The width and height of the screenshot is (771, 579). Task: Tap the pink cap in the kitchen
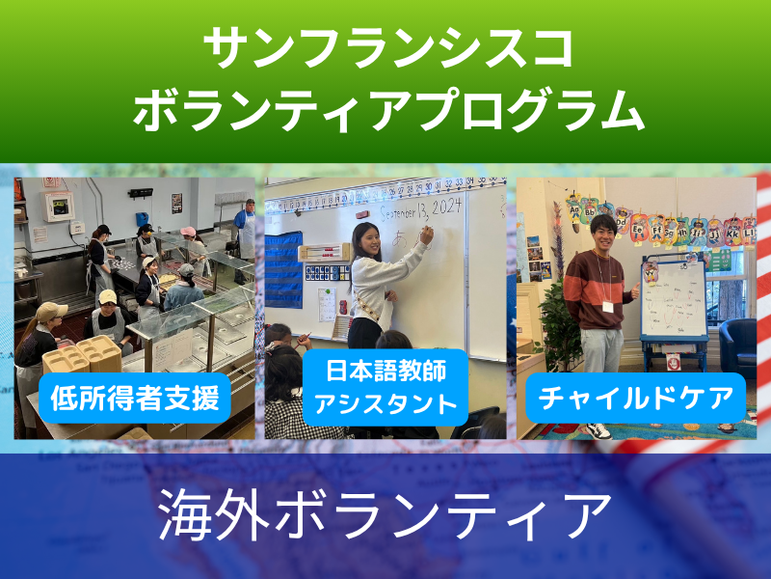188,232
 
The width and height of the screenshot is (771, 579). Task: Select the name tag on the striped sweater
608,307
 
